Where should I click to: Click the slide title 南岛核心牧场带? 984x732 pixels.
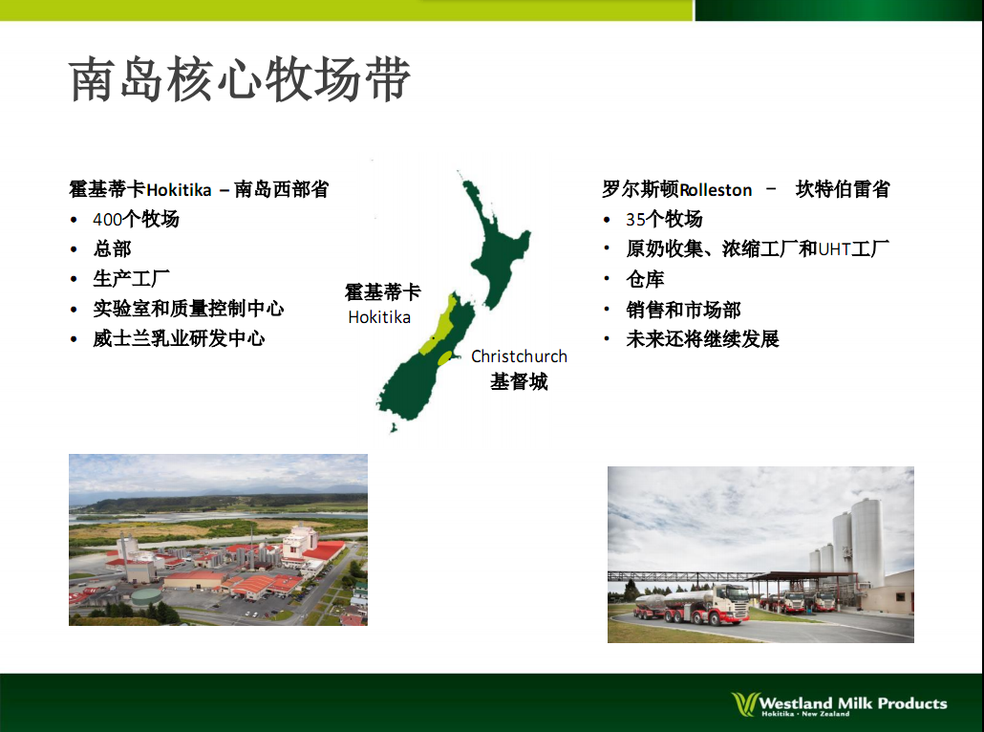click(240, 79)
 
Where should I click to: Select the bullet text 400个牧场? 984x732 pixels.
click(136, 219)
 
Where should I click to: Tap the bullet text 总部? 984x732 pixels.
click(112, 248)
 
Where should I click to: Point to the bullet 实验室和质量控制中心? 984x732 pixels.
click(188, 309)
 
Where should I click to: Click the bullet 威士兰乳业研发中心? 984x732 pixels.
click(179, 338)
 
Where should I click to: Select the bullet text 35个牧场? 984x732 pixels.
click(664, 219)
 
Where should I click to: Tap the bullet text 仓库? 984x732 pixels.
click(645, 279)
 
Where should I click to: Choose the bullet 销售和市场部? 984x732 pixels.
click(683, 309)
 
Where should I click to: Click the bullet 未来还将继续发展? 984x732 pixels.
click(702, 339)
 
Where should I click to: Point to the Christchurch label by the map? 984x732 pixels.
click(519, 356)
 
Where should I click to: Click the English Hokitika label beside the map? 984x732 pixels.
click(379, 317)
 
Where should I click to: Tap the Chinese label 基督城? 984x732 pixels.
click(519, 381)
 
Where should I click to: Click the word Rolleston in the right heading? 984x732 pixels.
click(716, 189)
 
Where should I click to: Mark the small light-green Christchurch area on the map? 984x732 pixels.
click(445, 359)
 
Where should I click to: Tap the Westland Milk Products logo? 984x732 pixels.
click(840, 704)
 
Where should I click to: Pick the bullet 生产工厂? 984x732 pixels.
click(131, 279)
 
